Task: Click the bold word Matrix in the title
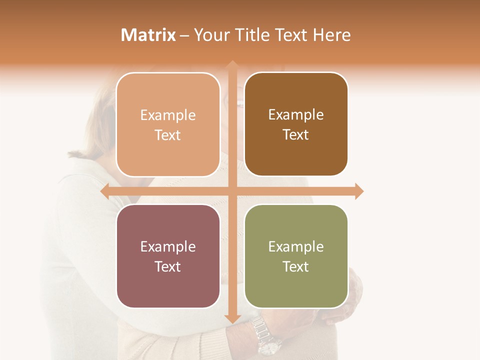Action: (148, 35)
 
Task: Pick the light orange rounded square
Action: (168, 124)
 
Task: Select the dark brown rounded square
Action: (296, 124)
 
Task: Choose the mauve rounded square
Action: (168, 256)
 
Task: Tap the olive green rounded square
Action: (296, 256)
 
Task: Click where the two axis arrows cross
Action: (232, 191)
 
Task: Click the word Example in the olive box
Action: (296, 246)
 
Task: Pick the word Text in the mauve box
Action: (168, 266)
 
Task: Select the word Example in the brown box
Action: (296, 115)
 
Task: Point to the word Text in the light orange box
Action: (168, 135)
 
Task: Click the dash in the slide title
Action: (184, 35)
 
